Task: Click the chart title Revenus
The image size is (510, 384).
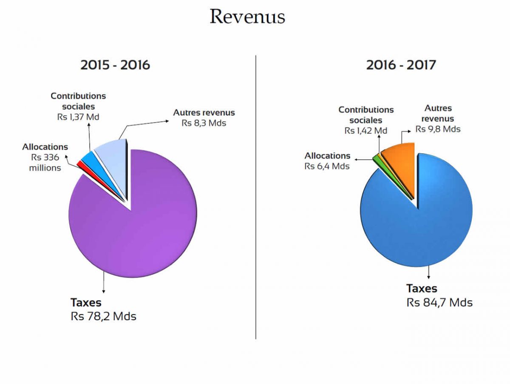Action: coord(247,17)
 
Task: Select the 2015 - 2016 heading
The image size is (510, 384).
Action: coord(115,65)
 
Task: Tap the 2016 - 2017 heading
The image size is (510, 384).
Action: coord(401,65)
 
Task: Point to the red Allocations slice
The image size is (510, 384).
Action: coord(79,163)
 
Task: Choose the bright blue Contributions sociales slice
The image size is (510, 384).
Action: coord(88,157)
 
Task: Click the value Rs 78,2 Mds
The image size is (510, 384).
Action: coord(103,317)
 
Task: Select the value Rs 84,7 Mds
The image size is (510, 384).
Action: coord(439,303)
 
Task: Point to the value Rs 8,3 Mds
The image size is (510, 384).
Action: coord(204,123)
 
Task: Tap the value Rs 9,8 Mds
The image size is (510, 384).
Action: coord(438,129)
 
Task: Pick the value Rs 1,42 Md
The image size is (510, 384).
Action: coord(365,131)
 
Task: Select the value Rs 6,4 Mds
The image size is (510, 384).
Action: coord(327,166)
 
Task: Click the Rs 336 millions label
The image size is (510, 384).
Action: coord(45,162)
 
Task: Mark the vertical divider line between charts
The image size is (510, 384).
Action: coord(256,196)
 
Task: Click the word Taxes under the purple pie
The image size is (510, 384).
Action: coord(86,303)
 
